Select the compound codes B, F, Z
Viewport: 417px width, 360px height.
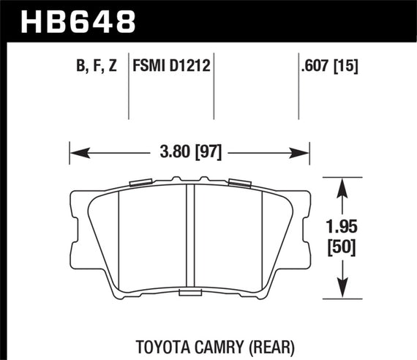point(95,68)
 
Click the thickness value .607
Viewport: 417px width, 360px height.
point(315,68)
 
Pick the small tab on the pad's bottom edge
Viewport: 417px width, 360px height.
point(189,293)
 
